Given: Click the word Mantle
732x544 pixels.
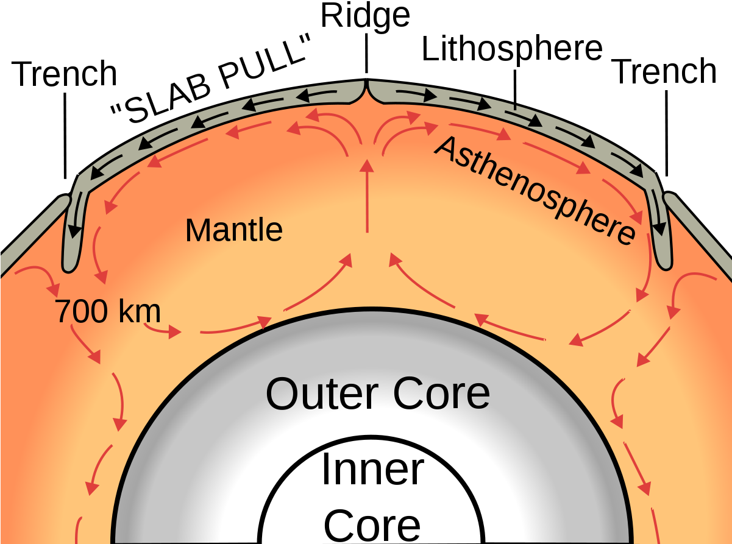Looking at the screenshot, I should pyautogui.click(x=234, y=231).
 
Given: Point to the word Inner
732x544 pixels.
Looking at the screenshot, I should pyautogui.click(x=372, y=470).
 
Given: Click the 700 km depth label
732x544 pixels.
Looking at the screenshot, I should pyautogui.click(x=108, y=312).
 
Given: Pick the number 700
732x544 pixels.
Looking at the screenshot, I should pyautogui.click(x=79, y=312).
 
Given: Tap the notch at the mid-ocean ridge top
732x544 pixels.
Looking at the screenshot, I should pyautogui.click(x=366, y=91).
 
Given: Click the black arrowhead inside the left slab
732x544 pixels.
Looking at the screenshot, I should pyautogui.click(x=74, y=231).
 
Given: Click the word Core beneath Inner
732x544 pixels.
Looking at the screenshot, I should pyautogui.click(x=372, y=525).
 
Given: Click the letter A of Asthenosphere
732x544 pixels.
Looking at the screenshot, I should pyautogui.click(x=447, y=148).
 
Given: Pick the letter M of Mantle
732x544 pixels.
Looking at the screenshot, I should pyautogui.click(x=198, y=231).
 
